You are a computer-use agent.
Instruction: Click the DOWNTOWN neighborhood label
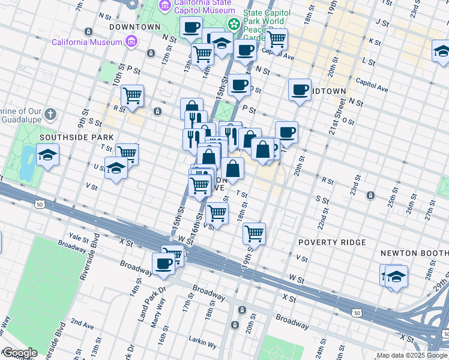[135, 27]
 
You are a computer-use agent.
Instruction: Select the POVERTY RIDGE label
[332, 242]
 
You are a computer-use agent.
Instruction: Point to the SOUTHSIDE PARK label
[68, 137]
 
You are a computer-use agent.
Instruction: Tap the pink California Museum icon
[131, 42]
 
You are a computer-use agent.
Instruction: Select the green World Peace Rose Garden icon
[234, 24]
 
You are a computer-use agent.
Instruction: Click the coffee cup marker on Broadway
[163, 263]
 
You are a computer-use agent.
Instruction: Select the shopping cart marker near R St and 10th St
[132, 95]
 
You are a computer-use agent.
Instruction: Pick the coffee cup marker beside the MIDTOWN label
[299, 89]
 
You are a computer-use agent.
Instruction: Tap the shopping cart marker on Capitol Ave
[276, 39]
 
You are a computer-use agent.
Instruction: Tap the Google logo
[20, 353]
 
